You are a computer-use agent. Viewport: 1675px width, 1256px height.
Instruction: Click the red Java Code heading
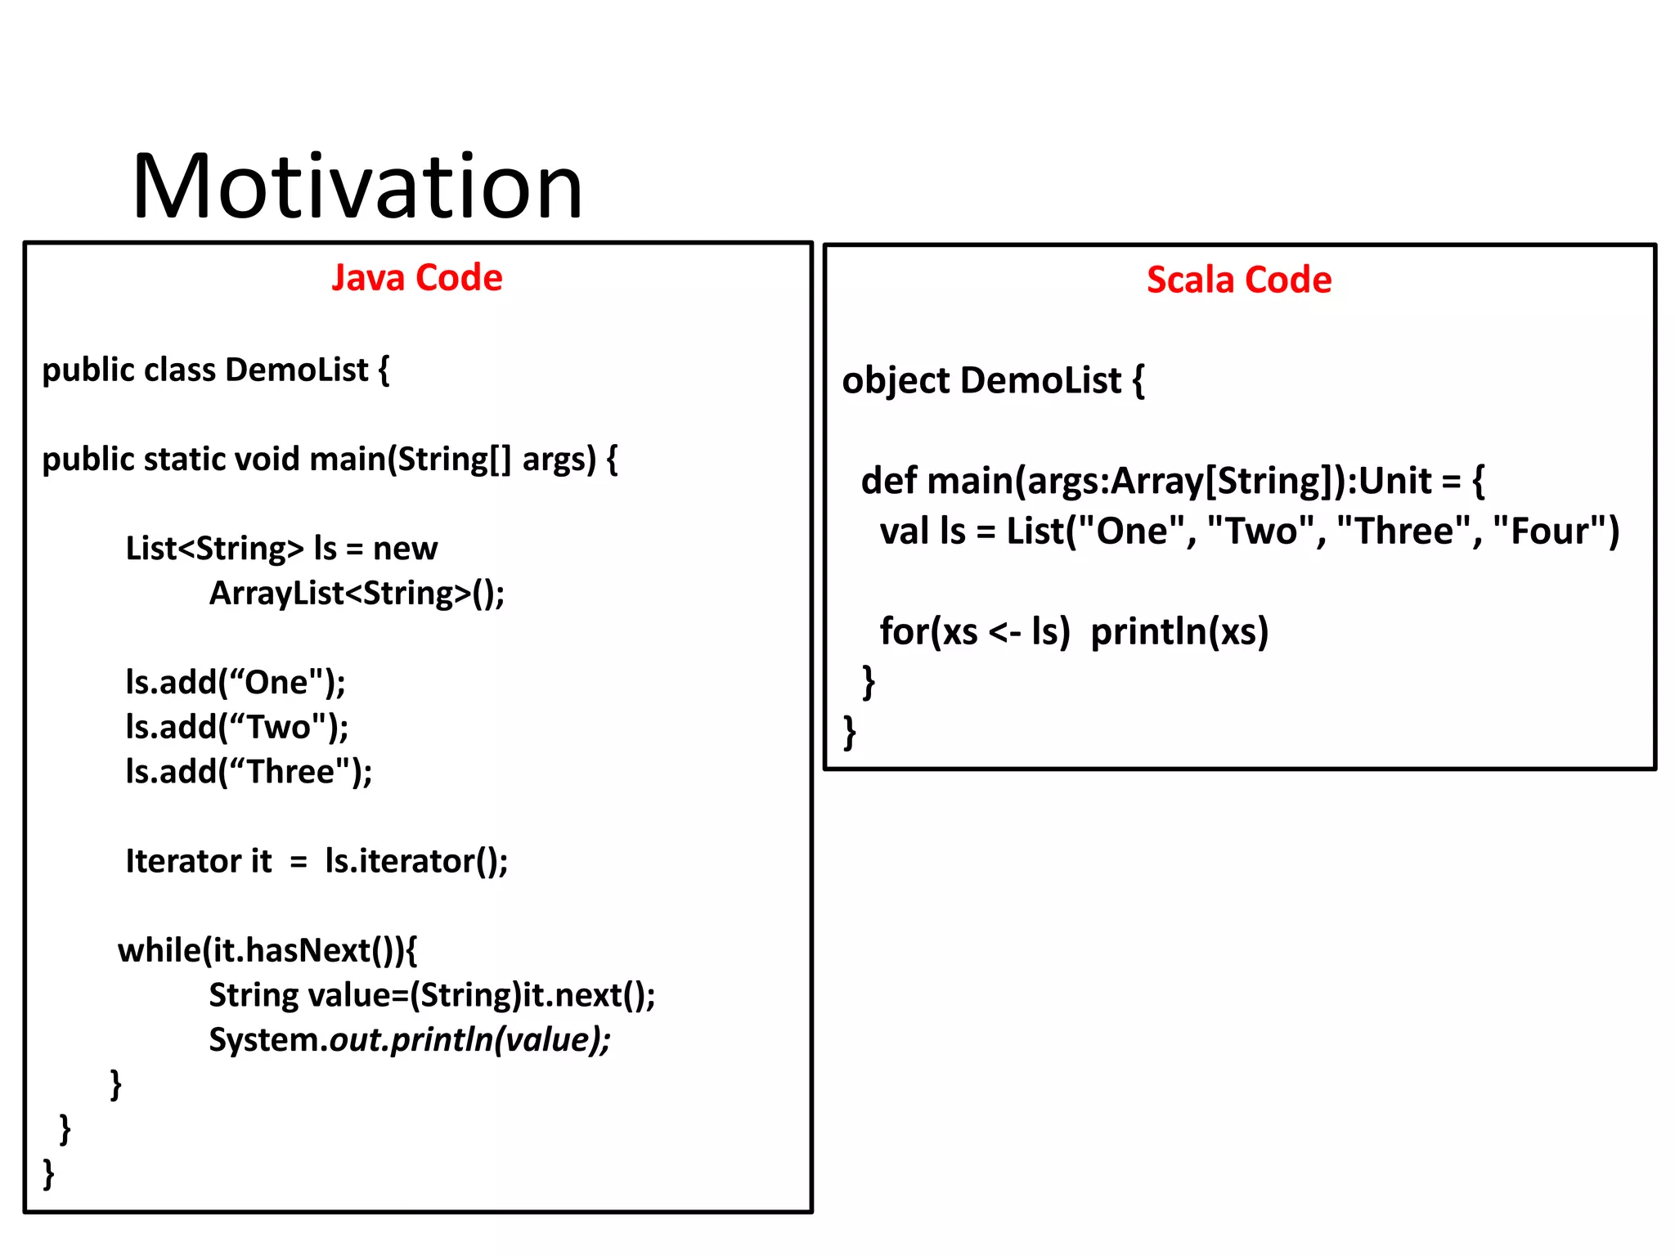pos(416,278)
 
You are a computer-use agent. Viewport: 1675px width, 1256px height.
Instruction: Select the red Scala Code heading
pos(1238,280)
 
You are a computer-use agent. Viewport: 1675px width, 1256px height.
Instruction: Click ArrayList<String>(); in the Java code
pos(357,594)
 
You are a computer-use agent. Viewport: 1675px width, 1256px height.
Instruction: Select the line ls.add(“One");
pos(236,682)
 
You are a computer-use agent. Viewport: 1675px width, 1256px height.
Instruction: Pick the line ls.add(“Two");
pos(237,727)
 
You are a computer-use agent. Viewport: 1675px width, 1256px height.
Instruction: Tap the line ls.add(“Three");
pos(249,772)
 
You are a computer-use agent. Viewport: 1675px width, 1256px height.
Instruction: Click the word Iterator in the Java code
pos(182,861)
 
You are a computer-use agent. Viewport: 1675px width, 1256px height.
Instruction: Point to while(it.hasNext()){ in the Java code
pos(267,950)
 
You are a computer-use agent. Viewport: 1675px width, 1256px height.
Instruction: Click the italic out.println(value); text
pos(470,1040)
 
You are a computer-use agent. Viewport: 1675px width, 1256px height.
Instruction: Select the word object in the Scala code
pos(896,381)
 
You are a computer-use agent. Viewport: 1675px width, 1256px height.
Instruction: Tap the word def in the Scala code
pos(888,481)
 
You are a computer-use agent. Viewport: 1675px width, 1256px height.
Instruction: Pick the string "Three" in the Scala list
pos(1403,532)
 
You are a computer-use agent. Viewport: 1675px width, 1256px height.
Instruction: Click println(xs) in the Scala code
pos(1179,631)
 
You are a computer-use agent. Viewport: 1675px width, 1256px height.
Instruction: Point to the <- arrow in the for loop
pos(1004,632)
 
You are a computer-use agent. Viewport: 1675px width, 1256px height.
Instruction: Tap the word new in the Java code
pos(405,549)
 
